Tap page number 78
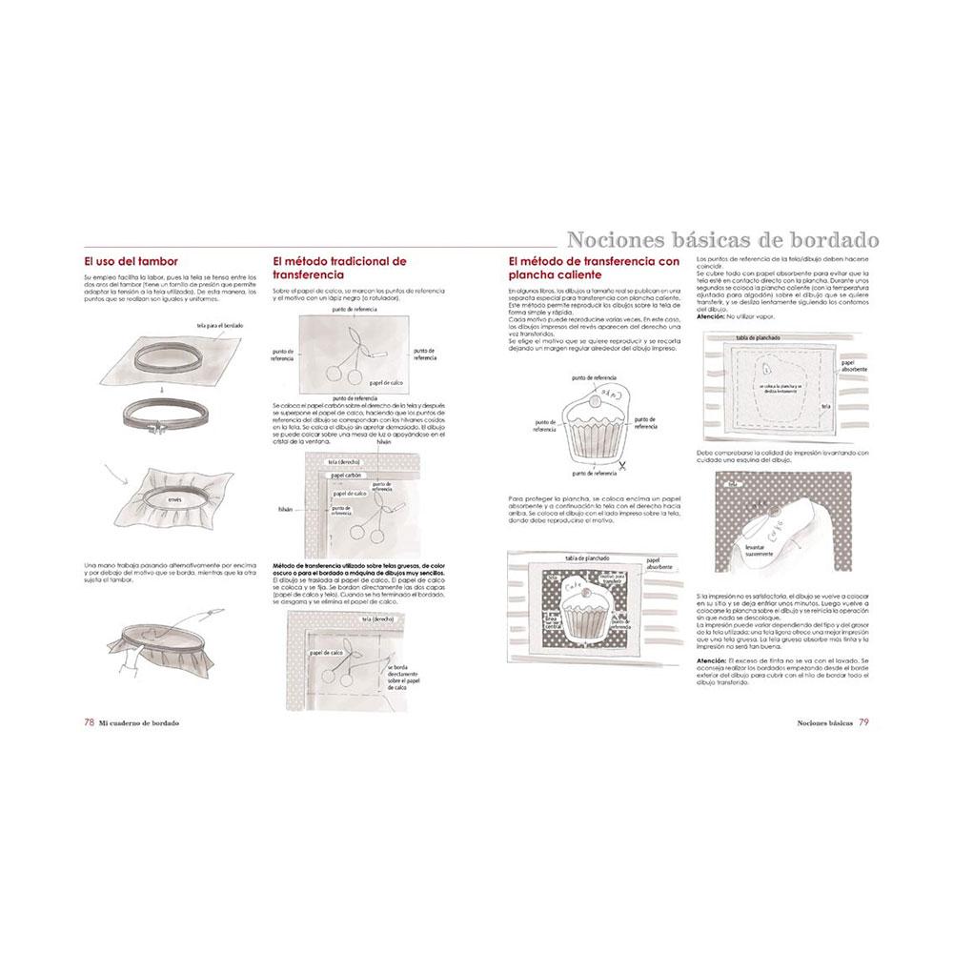pos(89,721)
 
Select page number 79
pos(862,721)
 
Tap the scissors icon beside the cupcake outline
pos(620,465)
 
